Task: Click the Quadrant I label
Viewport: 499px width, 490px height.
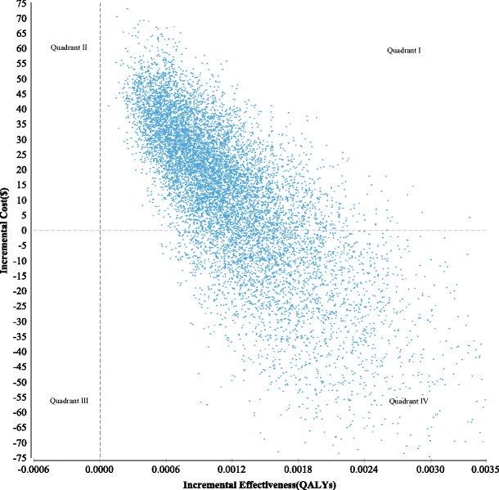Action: pos(404,51)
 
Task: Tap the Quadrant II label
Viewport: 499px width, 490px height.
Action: pos(69,47)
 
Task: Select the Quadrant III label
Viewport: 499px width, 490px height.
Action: pos(69,401)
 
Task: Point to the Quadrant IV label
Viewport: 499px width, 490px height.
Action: pos(408,402)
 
